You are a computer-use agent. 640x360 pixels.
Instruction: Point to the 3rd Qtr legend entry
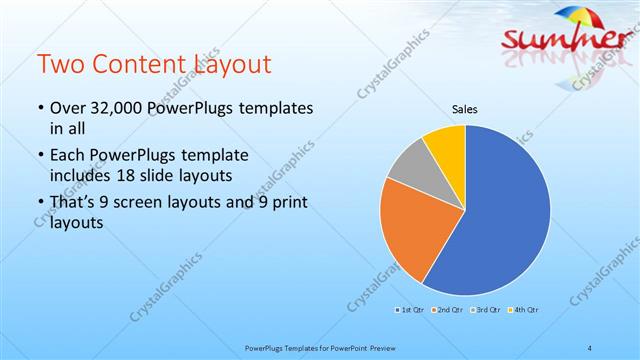point(488,309)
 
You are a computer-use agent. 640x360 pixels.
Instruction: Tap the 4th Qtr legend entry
point(524,309)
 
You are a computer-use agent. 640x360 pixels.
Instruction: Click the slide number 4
point(590,347)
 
